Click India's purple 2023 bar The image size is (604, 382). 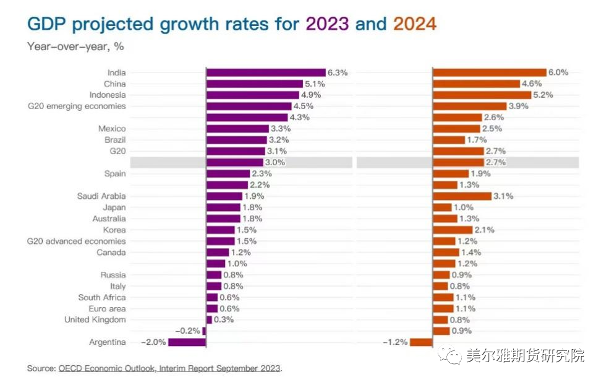coord(265,72)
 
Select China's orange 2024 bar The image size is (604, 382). coord(476,84)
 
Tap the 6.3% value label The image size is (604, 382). coord(338,72)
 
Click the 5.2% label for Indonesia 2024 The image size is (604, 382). coord(543,95)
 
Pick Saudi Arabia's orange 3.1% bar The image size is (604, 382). coord(462,196)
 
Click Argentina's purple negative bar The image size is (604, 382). coord(186,342)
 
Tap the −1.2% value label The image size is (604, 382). coord(395,342)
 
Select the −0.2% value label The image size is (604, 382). coord(187,331)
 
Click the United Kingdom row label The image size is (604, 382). coord(95,319)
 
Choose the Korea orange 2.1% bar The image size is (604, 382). coord(453,230)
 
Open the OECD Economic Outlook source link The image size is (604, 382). coord(170,368)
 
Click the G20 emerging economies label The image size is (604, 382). coord(77,106)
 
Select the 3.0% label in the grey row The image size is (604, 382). coord(275,162)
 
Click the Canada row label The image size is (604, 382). coord(111,252)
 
